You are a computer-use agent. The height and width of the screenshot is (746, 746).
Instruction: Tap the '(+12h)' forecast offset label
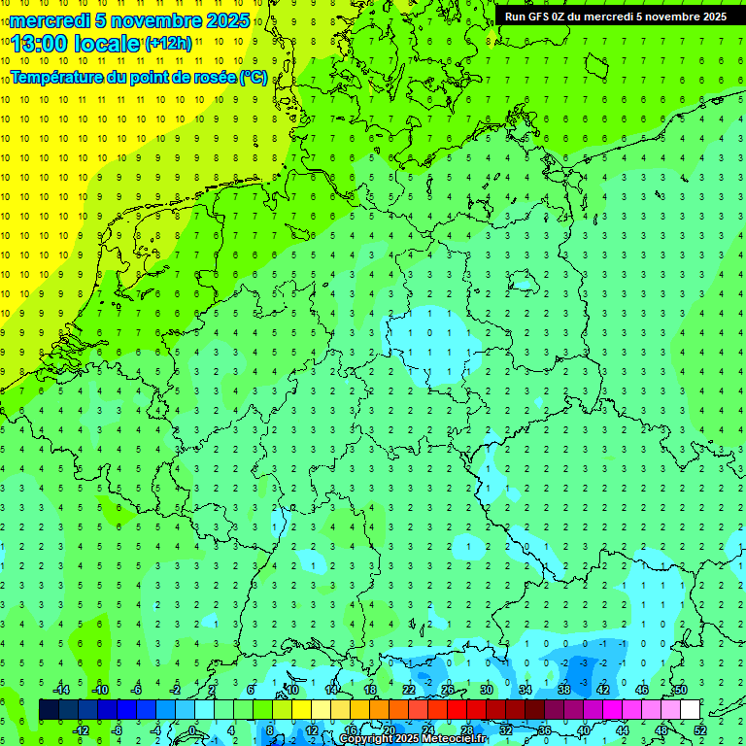pos(168,43)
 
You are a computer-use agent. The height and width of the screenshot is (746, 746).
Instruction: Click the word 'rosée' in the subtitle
pos(214,78)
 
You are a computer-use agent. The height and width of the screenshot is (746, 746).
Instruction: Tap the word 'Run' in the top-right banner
pos(515,17)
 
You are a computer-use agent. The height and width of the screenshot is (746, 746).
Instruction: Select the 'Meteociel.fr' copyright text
pos(448,739)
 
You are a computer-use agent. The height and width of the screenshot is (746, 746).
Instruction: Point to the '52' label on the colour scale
pos(700,730)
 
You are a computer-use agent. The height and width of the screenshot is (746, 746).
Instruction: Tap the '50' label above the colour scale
pos(681,690)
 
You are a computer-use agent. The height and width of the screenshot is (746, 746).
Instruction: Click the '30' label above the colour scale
pos(487,690)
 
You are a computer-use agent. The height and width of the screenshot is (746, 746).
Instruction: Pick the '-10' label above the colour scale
pos(98,690)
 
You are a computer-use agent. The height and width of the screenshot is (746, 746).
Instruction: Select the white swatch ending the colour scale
pos(691,710)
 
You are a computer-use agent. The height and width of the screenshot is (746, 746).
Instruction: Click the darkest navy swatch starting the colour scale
pos(50,710)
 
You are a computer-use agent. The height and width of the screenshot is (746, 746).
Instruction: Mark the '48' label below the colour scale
pos(661,730)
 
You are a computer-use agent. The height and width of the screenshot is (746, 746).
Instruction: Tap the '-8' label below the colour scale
pos(118,730)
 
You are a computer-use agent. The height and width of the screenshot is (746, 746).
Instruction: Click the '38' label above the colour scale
pos(564,690)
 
